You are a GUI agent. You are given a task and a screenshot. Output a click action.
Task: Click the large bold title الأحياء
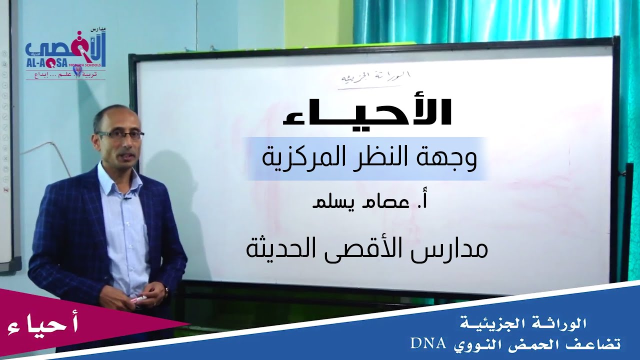367,112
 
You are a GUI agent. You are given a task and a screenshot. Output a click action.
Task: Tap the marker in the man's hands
138,298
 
